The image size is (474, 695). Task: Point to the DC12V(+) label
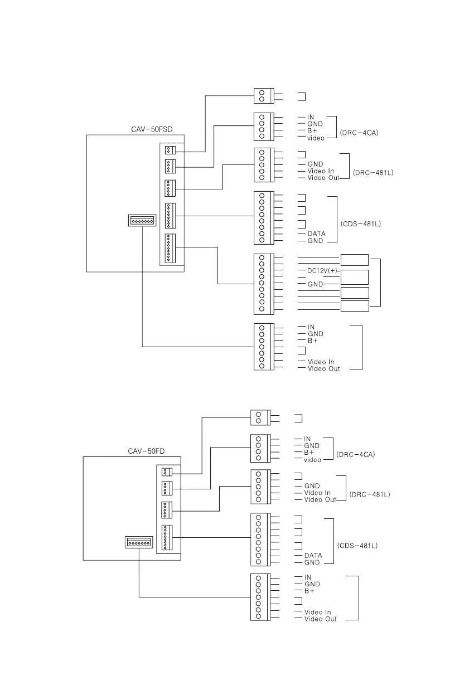(323, 271)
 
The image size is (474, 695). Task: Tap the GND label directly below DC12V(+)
(315, 284)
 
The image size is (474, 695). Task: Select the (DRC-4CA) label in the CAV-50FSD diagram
(359, 133)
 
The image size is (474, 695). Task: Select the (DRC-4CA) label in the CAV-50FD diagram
(356, 455)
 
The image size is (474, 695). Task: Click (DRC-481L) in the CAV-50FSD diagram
(373, 173)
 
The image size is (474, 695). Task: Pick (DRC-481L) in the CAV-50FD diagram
(370, 494)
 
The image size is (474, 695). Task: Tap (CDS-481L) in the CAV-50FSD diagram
(360, 224)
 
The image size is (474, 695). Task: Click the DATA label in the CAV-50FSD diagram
(316, 234)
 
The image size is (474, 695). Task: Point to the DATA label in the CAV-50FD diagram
(313, 556)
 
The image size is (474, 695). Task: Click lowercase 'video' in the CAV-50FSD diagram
(316, 138)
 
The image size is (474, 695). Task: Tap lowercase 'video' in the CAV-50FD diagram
(312, 460)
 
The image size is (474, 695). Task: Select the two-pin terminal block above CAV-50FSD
(262, 95)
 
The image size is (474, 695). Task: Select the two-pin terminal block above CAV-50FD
(259, 417)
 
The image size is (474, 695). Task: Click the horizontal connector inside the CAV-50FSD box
(142, 221)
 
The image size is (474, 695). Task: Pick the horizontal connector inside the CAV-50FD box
(139, 542)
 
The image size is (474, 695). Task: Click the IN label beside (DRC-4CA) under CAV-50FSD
(311, 117)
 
